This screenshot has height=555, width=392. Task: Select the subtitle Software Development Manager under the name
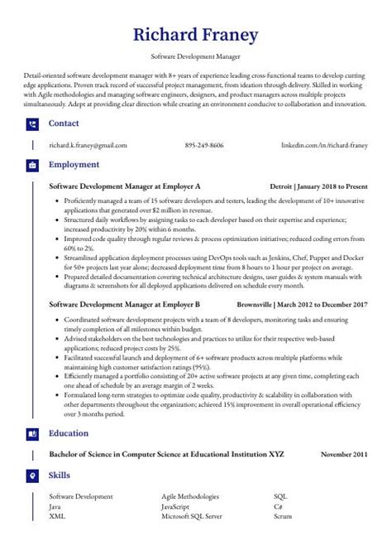tap(196, 57)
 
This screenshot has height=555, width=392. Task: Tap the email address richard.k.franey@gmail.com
tap(88, 145)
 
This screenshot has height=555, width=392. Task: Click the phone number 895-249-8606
tap(204, 145)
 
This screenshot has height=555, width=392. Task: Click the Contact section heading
tap(64, 123)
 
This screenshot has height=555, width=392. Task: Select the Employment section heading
tap(74, 165)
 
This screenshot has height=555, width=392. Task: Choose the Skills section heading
tap(60, 475)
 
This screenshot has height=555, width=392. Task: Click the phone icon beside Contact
tap(32, 123)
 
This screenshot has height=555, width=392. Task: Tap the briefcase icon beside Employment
tap(32, 165)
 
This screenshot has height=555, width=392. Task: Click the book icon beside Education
tap(32, 433)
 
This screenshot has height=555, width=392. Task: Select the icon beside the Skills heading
tap(32, 475)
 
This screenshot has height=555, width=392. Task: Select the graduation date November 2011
tap(345, 454)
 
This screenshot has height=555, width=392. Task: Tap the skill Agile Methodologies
tap(190, 496)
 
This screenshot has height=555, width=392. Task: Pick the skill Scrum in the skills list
tap(283, 515)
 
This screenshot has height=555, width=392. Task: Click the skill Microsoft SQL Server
tap(191, 515)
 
